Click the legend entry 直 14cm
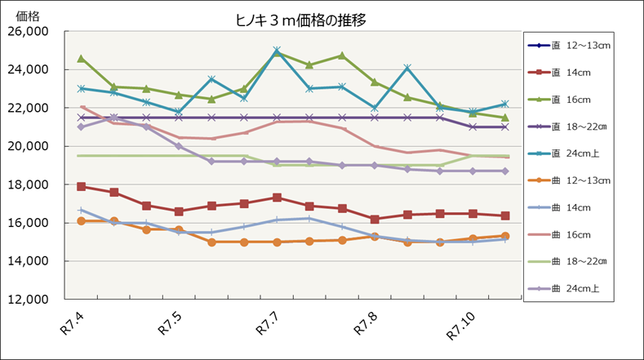572,72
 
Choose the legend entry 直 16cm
572,99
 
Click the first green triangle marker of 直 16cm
81,59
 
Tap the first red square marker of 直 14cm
81,186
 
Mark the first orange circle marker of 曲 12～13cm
81,221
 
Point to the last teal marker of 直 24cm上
505,104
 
